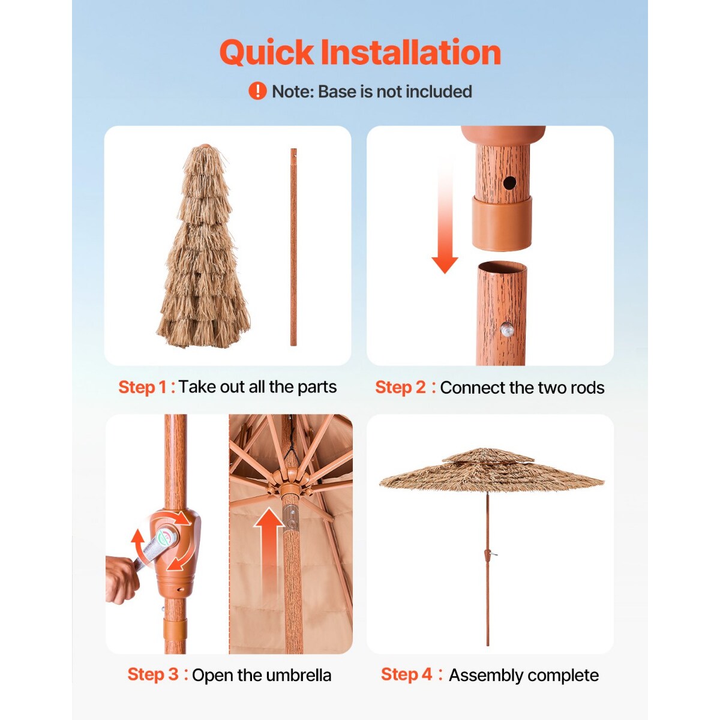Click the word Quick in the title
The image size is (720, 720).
pyautogui.click(x=266, y=53)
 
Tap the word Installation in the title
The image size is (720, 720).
pyautogui.click(x=411, y=52)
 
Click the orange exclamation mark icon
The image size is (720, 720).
pyautogui.click(x=257, y=91)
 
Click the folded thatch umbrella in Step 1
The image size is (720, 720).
pyautogui.click(x=203, y=247)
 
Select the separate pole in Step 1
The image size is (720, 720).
pyautogui.click(x=293, y=247)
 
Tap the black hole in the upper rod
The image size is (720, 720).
pyautogui.click(x=509, y=183)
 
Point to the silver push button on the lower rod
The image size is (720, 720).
pyautogui.click(x=507, y=329)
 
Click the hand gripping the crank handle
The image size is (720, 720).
pyautogui.click(x=122, y=579)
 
